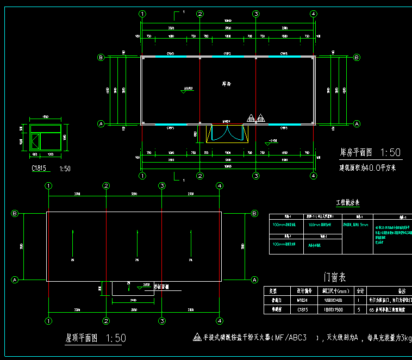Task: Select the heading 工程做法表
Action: [347, 203]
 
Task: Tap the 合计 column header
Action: [360, 290]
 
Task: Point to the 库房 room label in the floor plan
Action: [227, 84]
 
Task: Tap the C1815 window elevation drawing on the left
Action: [46, 138]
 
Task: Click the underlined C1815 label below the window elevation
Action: [40, 169]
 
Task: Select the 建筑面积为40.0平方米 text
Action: [368, 167]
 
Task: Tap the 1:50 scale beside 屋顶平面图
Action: [116, 338]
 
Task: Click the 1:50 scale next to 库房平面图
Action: [390, 152]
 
